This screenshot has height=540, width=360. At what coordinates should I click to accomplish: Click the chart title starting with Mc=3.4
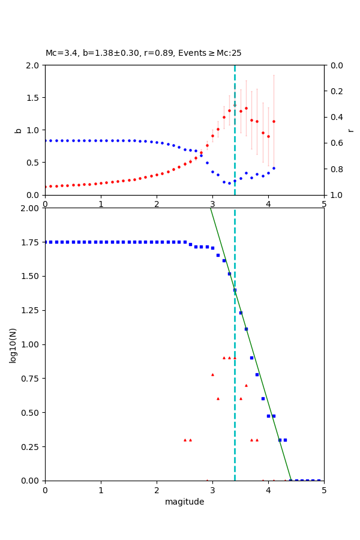143,53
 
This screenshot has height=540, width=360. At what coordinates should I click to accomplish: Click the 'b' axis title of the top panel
18,130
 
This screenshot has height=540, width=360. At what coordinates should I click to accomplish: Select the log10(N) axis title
13,344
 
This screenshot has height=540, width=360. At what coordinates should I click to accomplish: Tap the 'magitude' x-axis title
184,502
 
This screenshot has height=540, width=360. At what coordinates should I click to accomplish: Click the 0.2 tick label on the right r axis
334,91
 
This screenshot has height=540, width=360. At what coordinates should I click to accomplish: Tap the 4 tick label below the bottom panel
268,490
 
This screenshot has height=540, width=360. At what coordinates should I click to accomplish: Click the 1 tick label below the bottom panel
101,490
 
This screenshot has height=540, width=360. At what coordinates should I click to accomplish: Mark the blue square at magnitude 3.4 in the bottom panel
235,290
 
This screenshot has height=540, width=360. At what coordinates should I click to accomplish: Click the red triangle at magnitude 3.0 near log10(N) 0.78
212,374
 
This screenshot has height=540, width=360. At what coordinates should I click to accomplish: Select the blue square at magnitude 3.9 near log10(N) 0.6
263,398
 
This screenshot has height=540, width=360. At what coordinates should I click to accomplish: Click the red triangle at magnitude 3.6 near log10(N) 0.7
246,385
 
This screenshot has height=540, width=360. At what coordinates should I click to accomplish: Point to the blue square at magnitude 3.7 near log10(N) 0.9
251,358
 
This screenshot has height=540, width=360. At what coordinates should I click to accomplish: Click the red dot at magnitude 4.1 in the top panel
274,121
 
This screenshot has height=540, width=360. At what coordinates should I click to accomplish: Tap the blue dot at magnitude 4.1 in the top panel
274,168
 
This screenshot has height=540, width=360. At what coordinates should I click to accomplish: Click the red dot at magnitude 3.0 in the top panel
212,136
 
